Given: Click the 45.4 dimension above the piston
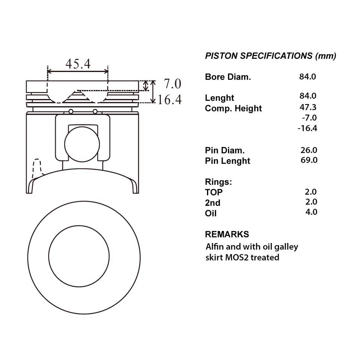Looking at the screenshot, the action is tap(78, 64).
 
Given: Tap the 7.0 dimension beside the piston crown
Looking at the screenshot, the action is tap(172, 84).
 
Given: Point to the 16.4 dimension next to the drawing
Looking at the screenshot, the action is tap(169, 100).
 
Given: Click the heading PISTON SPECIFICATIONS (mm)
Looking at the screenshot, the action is tap(270, 56).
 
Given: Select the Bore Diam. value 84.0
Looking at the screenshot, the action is tap(307, 76).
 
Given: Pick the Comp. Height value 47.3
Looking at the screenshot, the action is tap(308, 107).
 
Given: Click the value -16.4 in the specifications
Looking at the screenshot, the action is tap(307, 128).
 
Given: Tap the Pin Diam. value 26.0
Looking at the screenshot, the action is tap(309, 150).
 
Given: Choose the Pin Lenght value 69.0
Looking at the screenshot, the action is tap(309, 160).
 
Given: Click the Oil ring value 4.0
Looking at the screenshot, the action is tap(311, 212).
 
